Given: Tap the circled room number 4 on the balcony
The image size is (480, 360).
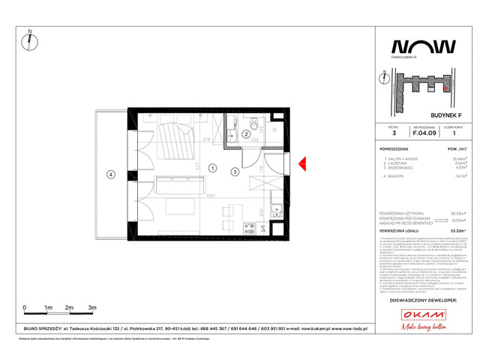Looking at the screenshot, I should [111, 175].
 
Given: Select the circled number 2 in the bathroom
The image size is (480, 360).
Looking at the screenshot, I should [246, 134].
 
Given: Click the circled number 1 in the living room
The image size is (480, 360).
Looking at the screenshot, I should [213, 168].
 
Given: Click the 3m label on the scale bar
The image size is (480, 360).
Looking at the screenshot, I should [92, 308].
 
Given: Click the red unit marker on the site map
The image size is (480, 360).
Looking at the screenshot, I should [445, 87].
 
